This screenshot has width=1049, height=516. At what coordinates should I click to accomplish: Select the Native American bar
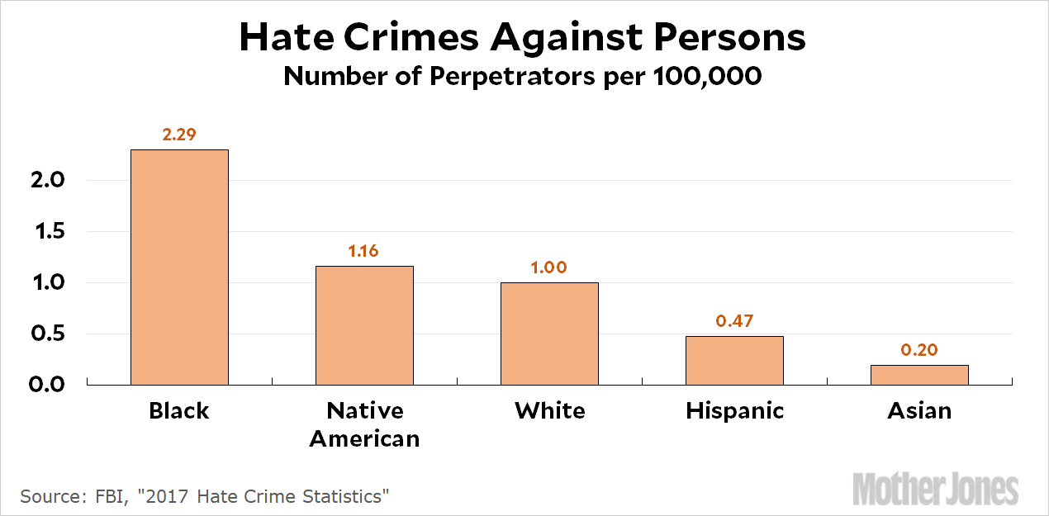point(364,325)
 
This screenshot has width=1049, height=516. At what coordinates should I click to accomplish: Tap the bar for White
point(549,334)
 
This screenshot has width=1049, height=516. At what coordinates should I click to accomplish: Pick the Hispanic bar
point(734,360)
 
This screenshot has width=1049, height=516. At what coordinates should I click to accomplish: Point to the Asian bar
point(919,375)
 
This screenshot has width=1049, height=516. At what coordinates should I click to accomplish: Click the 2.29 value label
point(179,135)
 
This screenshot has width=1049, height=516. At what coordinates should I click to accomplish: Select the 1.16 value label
point(363,251)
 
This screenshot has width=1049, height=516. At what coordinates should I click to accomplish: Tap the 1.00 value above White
point(549,267)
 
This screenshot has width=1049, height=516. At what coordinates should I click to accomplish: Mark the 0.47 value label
point(734,321)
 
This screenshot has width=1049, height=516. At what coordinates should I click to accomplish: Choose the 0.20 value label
point(919,350)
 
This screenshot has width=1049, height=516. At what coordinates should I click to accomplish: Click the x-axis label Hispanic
point(734,410)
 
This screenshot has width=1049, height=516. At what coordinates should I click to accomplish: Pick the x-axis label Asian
point(919,410)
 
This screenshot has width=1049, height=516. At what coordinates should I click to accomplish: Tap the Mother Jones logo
point(935,488)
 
